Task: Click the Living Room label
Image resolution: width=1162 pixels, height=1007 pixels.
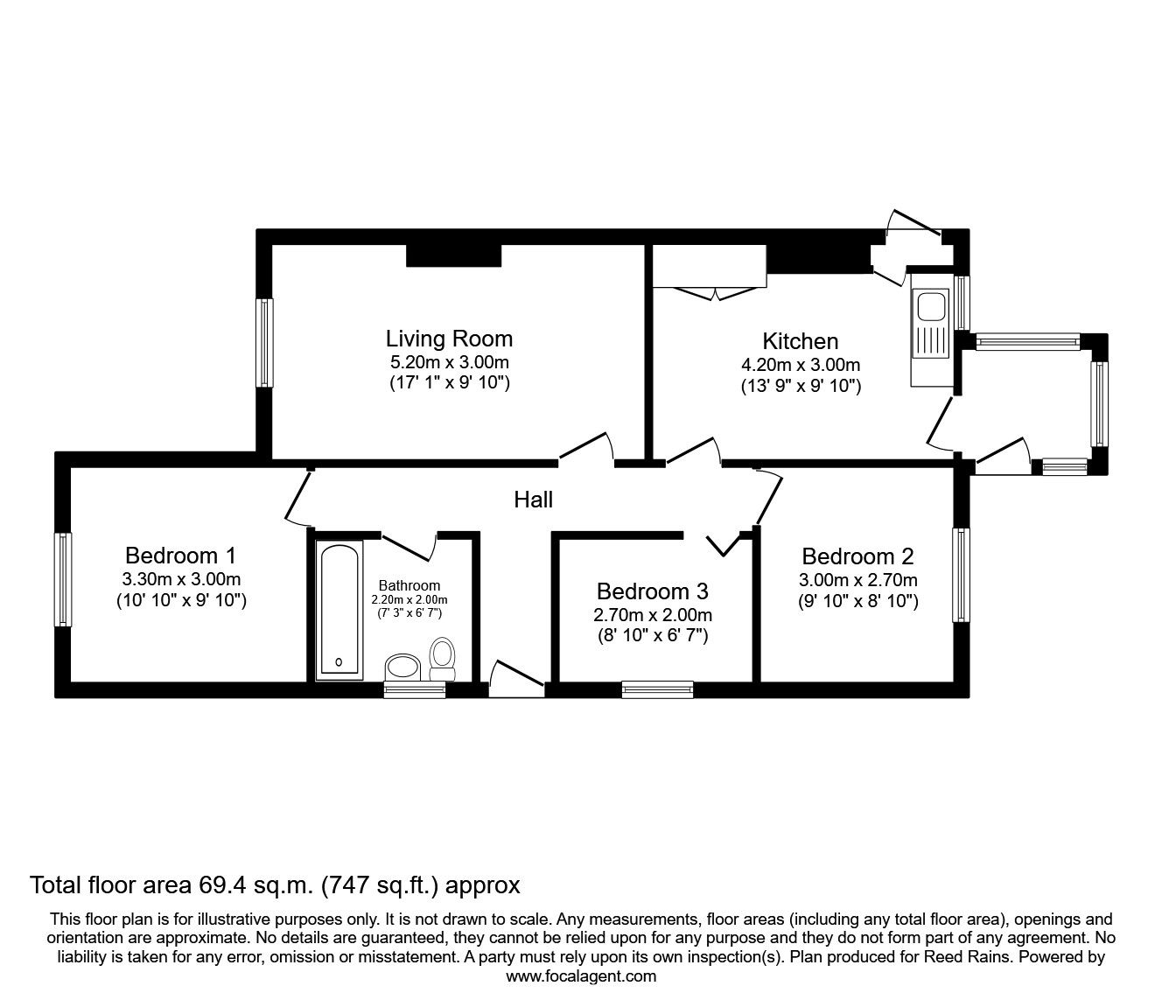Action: tap(449, 339)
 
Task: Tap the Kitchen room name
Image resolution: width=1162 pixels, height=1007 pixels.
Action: tap(800, 341)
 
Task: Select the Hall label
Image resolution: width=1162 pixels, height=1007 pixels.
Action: tap(534, 500)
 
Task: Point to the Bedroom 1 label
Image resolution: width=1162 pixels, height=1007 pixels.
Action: tap(180, 556)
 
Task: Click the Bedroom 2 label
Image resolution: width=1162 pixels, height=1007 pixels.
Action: tap(857, 556)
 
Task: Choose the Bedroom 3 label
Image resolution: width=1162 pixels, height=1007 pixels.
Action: tap(653, 591)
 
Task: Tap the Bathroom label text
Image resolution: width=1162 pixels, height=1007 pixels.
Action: tap(409, 586)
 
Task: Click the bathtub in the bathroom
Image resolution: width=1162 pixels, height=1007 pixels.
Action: tap(339, 610)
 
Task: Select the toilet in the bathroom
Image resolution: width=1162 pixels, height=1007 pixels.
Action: tap(443, 659)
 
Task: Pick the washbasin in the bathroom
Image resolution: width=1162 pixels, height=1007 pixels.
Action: tap(403, 668)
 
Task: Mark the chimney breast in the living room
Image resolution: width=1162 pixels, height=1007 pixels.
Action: tap(453, 255)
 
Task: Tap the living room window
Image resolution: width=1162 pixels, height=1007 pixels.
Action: tap(264, 342)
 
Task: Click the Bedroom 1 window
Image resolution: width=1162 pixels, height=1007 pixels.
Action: tap(63, 579)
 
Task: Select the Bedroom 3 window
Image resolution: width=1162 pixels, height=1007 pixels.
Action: tap(657, 689)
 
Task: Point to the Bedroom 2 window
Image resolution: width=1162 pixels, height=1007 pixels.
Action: tap(962, 575)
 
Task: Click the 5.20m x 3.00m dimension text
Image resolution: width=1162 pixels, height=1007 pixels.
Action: tap(449, 361)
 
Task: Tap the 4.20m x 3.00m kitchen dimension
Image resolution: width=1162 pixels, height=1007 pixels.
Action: tap(801, 365)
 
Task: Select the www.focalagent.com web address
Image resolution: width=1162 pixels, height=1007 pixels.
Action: tap(581, 976)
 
